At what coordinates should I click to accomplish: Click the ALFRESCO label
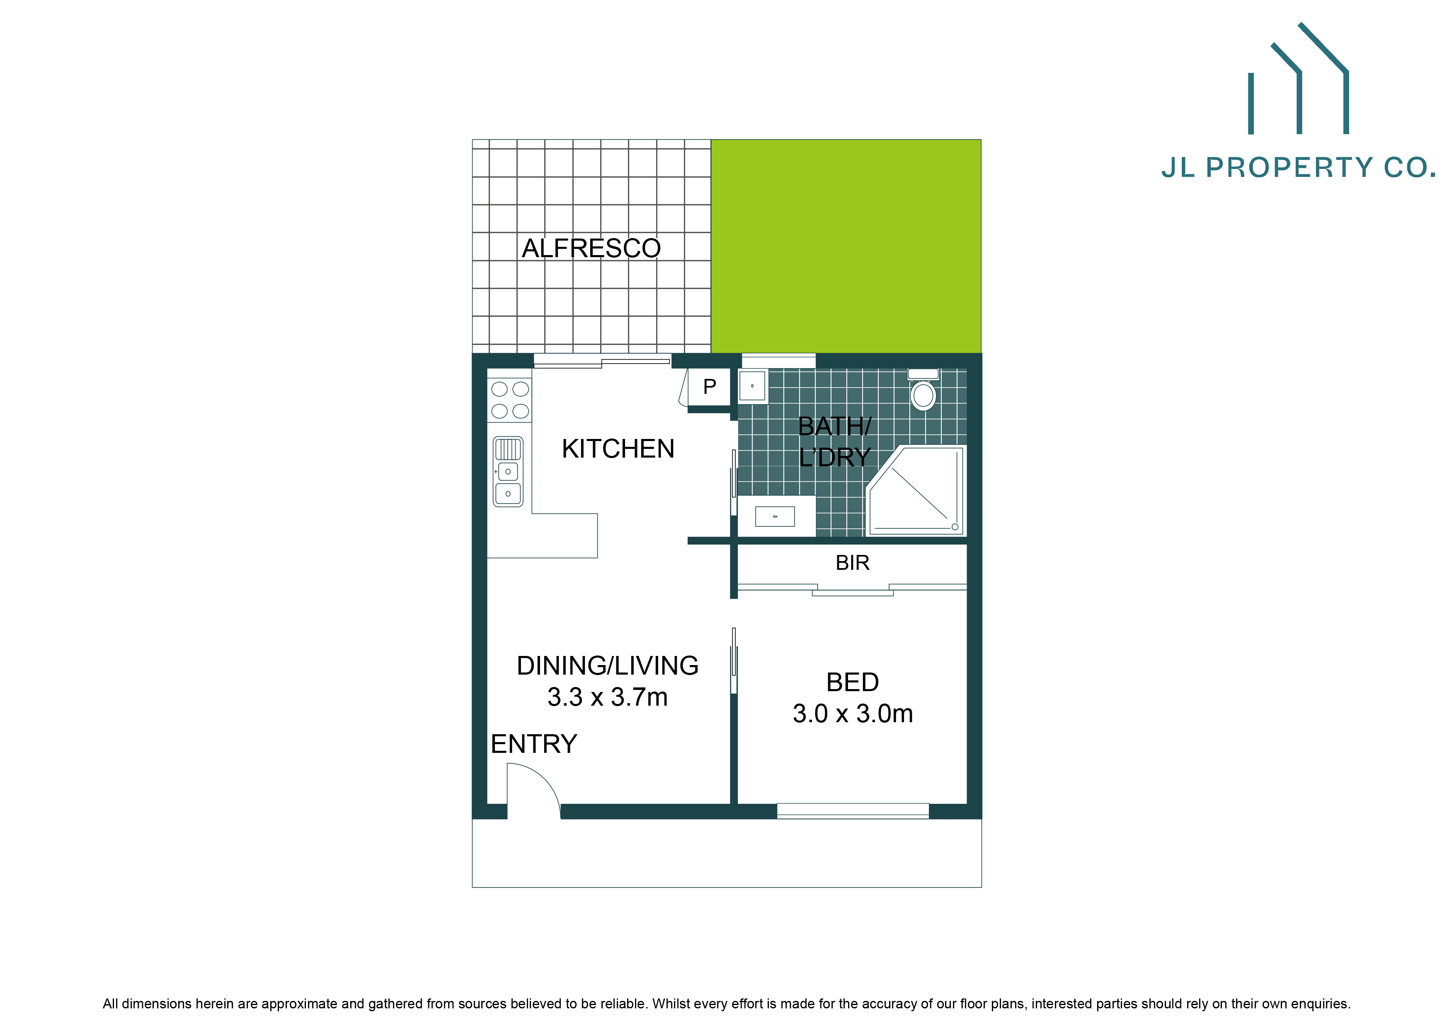[591, 248]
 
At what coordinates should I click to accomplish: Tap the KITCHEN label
[618, 448]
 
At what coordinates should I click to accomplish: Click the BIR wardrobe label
[853, 562]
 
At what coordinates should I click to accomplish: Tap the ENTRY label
[534, 743]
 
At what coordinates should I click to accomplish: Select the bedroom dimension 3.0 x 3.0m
[853, 714]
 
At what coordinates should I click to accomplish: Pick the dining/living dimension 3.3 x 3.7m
[607, 697]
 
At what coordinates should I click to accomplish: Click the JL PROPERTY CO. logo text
[1298, 168]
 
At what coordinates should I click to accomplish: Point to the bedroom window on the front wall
[853, 810]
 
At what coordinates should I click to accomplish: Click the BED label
[853, 682]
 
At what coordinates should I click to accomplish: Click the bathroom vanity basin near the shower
[775, 516]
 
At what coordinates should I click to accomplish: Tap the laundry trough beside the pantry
[752, 386]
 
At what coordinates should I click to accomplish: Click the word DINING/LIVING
[607, 665]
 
